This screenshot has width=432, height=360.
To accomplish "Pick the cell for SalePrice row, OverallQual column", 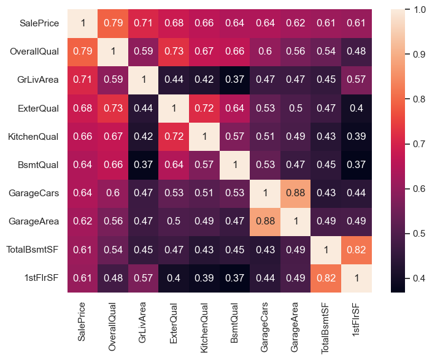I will click(x=113, y=23).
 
